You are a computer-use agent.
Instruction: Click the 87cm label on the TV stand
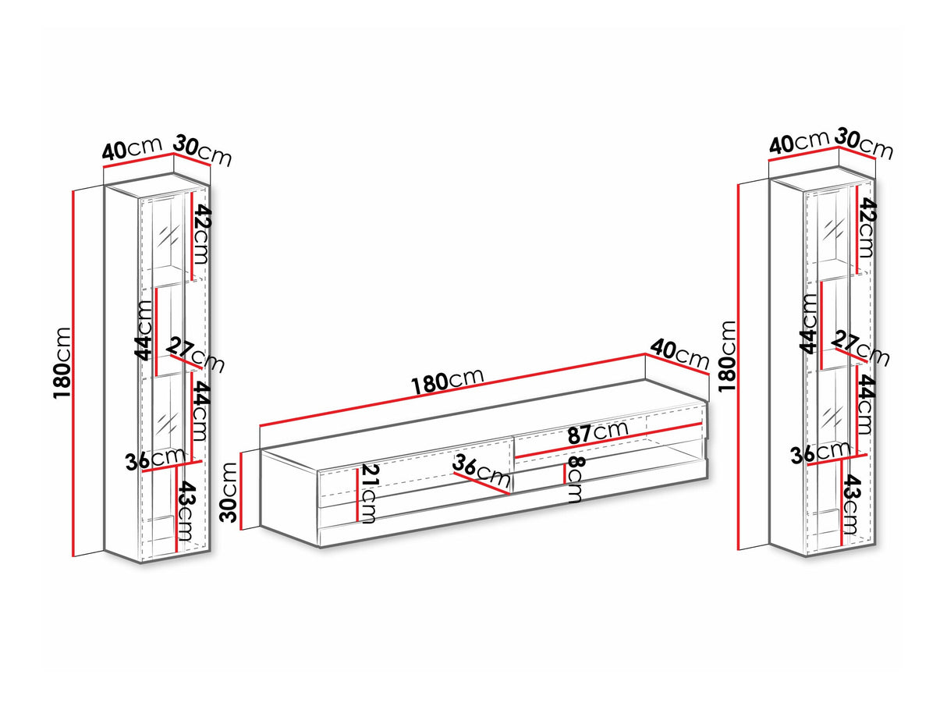point(598,431)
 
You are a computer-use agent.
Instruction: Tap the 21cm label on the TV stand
point(369,493)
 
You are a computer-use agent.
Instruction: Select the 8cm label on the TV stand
point(576,479)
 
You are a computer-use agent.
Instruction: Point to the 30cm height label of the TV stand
point(229,492)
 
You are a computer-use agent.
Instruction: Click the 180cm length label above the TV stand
point(448,382)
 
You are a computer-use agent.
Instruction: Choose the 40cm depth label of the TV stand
point(679,354)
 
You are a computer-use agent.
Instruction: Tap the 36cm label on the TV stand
point(481,470)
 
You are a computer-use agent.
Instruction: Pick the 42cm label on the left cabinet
point(201,234)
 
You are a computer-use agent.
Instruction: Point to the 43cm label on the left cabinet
point(186,511)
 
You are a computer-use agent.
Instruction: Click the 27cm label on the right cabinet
point(860,348)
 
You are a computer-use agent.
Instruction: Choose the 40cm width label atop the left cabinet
point(133,148)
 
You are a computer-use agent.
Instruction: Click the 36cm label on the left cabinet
point(155,459)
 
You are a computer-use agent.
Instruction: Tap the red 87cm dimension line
point(608,439)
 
